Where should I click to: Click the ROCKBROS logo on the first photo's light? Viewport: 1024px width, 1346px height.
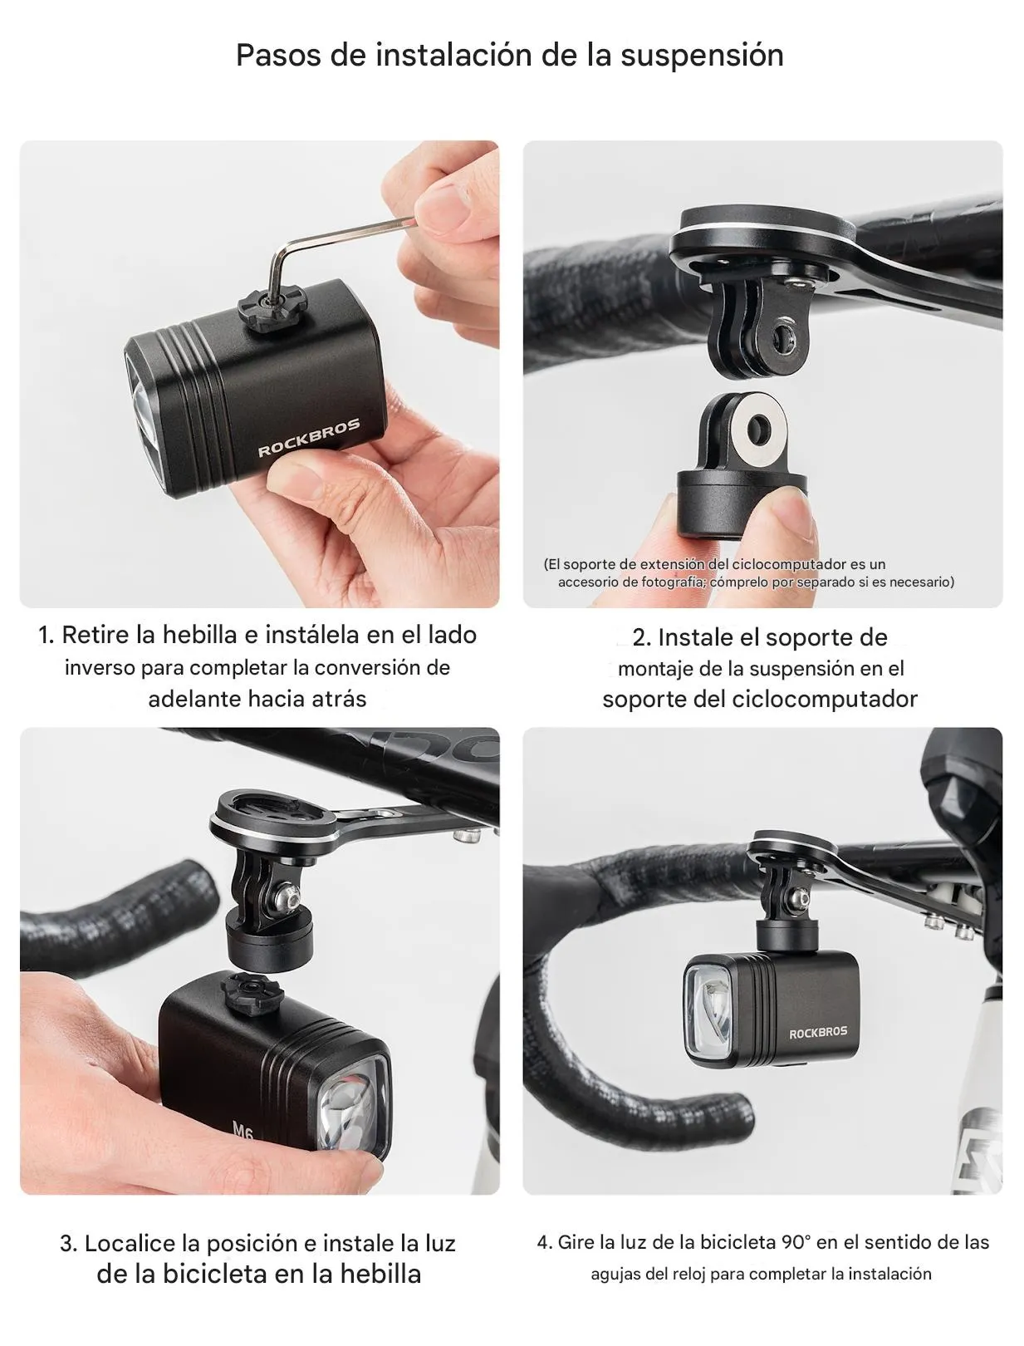pos(308,438)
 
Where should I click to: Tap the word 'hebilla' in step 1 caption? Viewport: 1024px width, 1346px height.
pos(199,635)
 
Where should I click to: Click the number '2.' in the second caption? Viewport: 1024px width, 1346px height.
pos(641,637)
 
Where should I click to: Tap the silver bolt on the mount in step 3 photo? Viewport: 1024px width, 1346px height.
pos(291,896)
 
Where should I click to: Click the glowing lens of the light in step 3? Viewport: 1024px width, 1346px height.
pos(354,1110)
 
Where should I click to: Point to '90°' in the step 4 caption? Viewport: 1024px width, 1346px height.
pos(796,1242)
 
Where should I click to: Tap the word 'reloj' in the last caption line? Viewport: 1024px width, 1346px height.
pos(688,1274)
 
